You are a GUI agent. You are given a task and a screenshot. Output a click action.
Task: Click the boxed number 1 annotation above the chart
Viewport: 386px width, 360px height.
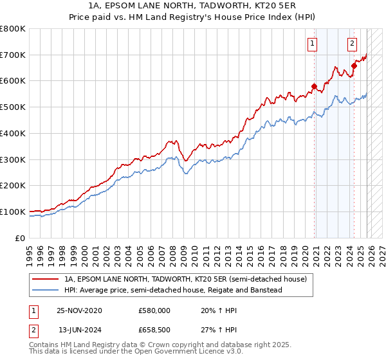point(312,44)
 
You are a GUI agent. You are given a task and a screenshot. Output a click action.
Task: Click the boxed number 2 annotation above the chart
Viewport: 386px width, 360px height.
point(353,44)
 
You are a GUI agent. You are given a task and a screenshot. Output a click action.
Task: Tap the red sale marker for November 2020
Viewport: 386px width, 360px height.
point(315,86)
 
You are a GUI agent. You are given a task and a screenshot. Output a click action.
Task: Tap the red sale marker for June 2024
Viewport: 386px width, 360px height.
point(354,66)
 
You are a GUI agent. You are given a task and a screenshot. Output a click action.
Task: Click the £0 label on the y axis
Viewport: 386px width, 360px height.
point(21,238)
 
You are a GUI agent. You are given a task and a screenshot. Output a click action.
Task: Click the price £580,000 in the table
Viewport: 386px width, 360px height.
point(154,310)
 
